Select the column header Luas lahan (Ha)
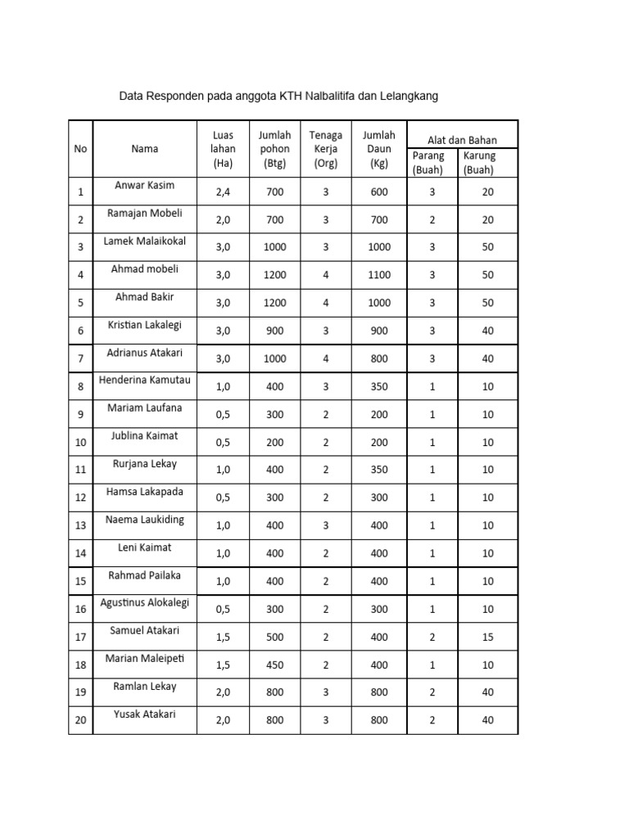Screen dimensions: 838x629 point(223,148)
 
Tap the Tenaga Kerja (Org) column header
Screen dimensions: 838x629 point(325,148)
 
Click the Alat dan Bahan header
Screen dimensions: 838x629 point(462,140)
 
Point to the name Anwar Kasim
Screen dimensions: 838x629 point(144,186)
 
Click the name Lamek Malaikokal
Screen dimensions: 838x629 point(144,241)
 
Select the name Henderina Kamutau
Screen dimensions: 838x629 point(144,381)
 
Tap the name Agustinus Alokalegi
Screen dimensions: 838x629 point(144,603)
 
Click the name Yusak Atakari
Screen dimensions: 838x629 point(144,714)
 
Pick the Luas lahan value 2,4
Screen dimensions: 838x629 point(223,192)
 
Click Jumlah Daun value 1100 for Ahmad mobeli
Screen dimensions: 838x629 point(379,276)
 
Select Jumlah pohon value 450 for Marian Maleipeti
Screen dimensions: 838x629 point(274,665)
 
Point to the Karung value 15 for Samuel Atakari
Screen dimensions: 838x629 point(488,638)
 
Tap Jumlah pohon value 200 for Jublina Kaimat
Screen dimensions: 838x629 point(274,443)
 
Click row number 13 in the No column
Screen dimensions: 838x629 point(80,526)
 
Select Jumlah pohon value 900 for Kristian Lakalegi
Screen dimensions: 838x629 point(274,331)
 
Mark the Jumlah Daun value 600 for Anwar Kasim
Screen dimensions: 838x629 point(379,192)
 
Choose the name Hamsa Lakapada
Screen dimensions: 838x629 point(144,492)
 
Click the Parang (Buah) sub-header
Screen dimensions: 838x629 point(428,163)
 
